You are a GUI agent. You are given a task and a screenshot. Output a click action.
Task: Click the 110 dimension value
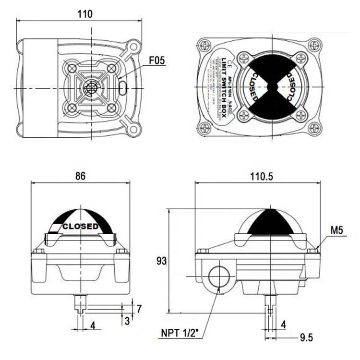[85, 14]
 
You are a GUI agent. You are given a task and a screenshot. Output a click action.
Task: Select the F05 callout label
[157, 60]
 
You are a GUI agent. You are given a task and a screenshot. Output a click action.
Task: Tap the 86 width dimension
[80, 176]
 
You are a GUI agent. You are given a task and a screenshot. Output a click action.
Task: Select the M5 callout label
[336, 231]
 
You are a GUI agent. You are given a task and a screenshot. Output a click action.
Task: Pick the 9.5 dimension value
[306, 338]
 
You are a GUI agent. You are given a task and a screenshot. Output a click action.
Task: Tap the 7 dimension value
[139, 309]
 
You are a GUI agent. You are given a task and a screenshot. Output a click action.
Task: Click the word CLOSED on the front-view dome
[80, 226]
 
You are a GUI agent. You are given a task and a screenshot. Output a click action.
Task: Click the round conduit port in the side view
[219, 277]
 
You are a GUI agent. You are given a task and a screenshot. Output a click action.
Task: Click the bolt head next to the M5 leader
[312, 250]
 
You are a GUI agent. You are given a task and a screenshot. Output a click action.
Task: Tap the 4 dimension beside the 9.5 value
[283, 325]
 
